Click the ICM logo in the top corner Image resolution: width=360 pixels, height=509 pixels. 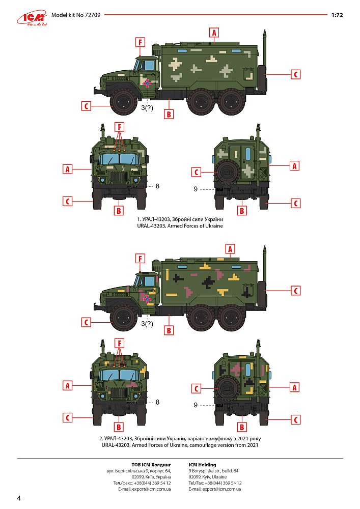pyautogui.click(x=33, y=19)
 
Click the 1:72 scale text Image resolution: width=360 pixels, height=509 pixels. pyautogui.click(x=337, y=15)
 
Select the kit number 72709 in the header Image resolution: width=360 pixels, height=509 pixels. pyautogui.click(x=92, y=15)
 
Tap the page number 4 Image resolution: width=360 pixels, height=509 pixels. pyautogui.click(x=18, y=498)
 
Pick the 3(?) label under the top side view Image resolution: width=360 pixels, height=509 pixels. pyautogui.click(x=147, y=108)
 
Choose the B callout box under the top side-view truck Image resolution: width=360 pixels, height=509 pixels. pyautogui.click(x=169, y=114)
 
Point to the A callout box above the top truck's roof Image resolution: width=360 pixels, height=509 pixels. pyautogui.click(x=214, y=33)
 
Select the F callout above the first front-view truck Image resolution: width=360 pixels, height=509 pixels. pyautogui.click(x=120, y=127)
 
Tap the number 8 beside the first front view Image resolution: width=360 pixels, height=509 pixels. pyautogui.click(x=157, y=186)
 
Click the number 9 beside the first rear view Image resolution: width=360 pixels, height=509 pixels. pyautogui.click(x=196, y=189)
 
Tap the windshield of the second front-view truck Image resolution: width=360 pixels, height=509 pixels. pyautogui.click(x=119, y=375)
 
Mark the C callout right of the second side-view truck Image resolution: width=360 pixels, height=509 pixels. pyautogui.click(x=296, y=291)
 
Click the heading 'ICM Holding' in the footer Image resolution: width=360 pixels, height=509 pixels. pyautogui.click(x=202, y=465)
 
